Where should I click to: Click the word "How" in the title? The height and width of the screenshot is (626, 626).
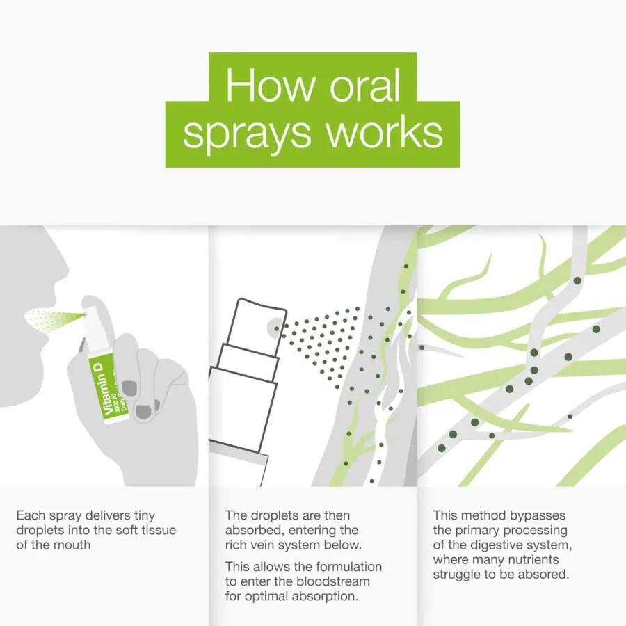pos(271,85)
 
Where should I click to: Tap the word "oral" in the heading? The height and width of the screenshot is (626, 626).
pos(365,85)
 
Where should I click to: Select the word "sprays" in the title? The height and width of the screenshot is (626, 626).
pos(247,133)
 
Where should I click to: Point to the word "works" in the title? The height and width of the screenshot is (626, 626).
pos(385,131)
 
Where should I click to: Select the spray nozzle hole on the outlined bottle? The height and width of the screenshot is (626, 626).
pos(276,328)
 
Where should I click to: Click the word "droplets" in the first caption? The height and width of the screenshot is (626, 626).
pos(39,530)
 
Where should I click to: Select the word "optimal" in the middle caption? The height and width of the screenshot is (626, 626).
pos(266,597)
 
